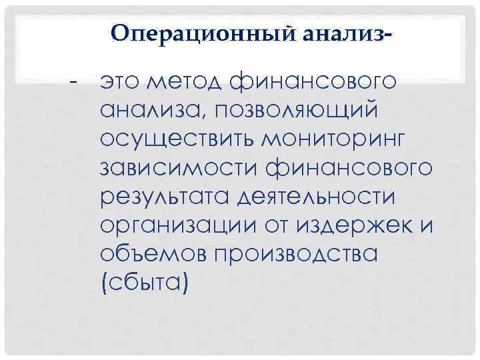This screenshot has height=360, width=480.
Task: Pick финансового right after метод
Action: click(313, 83)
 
